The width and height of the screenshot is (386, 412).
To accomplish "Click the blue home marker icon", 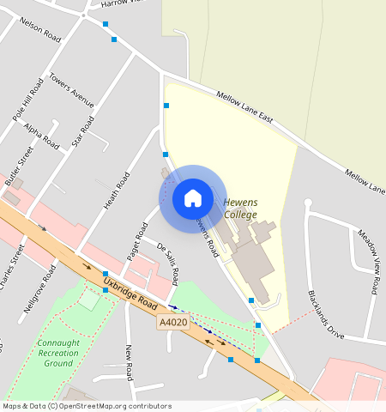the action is click(193, 198).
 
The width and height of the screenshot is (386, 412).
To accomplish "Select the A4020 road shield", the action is click(172, 323).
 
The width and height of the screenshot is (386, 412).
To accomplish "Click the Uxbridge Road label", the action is click(130, 293).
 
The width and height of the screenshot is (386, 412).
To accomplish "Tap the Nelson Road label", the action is click(40, 32).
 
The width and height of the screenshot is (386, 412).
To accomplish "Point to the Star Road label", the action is click(82, 130).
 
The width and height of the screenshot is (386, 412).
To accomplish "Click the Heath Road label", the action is click(117, 191).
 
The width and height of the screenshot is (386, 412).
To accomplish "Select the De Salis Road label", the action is click(168, 263).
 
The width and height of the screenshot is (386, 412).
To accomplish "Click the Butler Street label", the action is click(18, 166).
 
